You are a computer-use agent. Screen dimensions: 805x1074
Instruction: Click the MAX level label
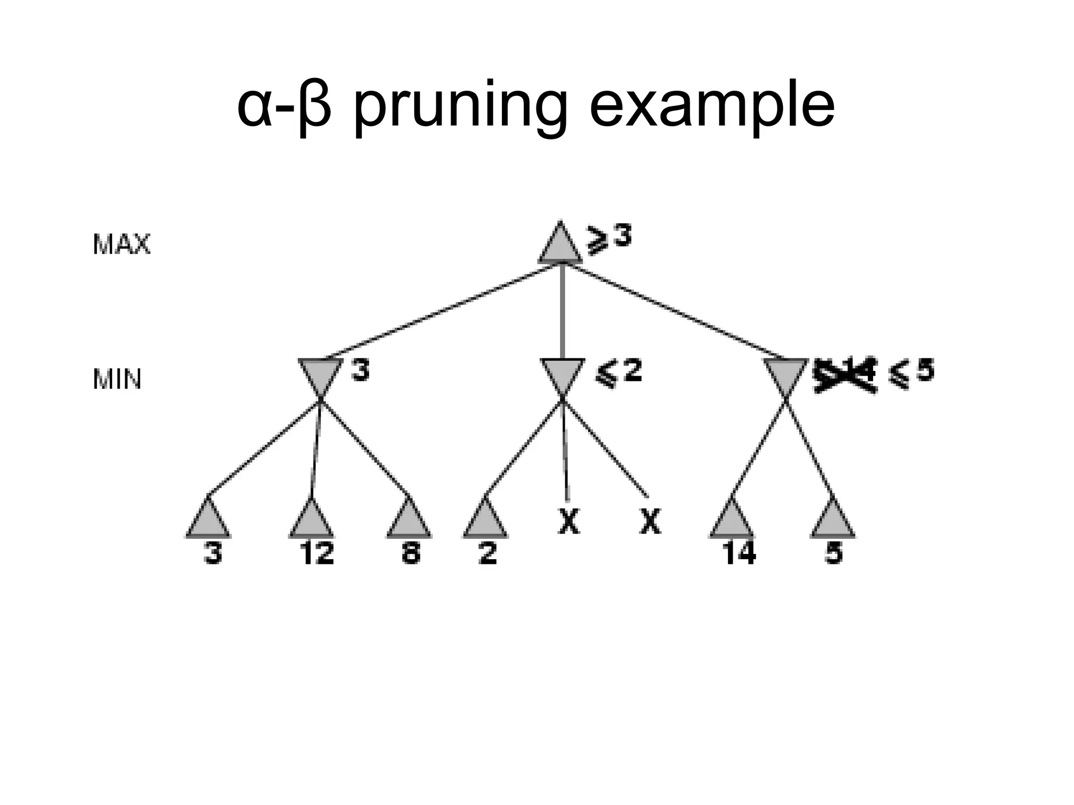[x=121, y=244]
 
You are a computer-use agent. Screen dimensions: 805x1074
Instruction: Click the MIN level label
[x=117, y=379]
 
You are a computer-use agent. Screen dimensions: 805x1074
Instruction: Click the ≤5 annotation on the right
[x=911, y=375]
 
